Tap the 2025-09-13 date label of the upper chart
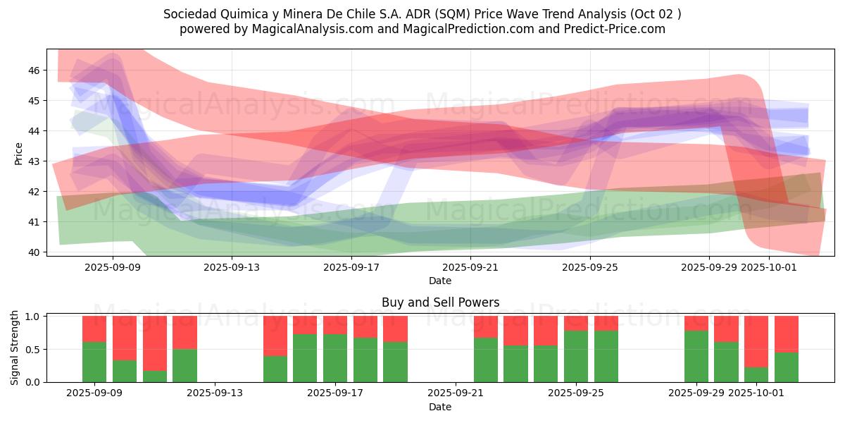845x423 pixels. pyautogui.click(x=232, y=267)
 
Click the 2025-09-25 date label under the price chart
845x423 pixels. pyautogui.click(x=590, y=267)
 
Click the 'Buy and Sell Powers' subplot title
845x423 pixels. pyautogui.click(x=440, y=302)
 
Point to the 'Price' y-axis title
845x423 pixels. pyautogui.click(x=19, y=154)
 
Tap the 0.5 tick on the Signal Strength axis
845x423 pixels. pyautogui.click(x=33, y=350)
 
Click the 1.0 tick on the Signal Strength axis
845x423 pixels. pyautogui.click(x=33, y=317)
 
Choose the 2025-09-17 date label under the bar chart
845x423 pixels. pyautogui.click(x=335, y=393)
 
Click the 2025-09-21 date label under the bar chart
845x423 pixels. pyautogui.click(x=456, y=393)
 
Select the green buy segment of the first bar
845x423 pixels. pyautogui.click(x=94, y=362)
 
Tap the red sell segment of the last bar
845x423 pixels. pyautogui.click(x=787, y=333)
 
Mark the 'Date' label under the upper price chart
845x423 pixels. pyautogui.click(x=440, y=281)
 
